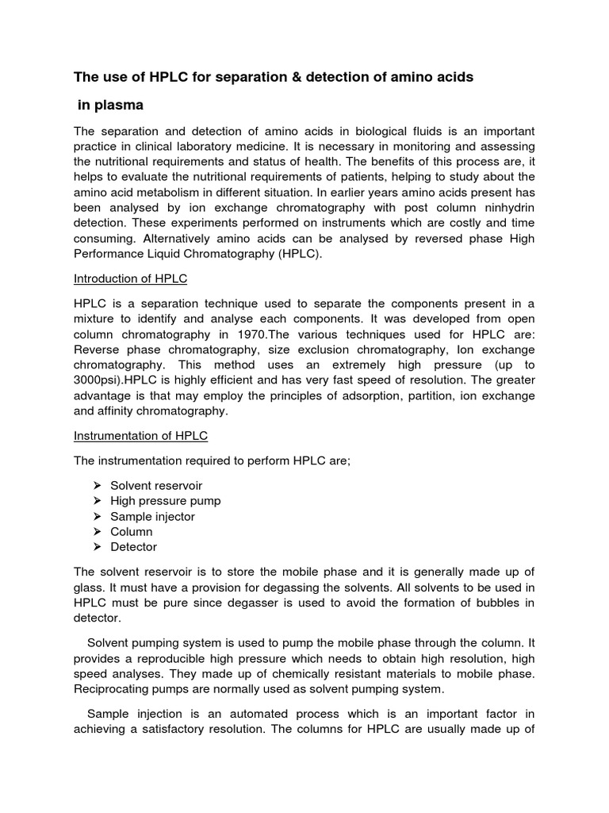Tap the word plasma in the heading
(126, 105)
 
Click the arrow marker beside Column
(97, 532)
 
